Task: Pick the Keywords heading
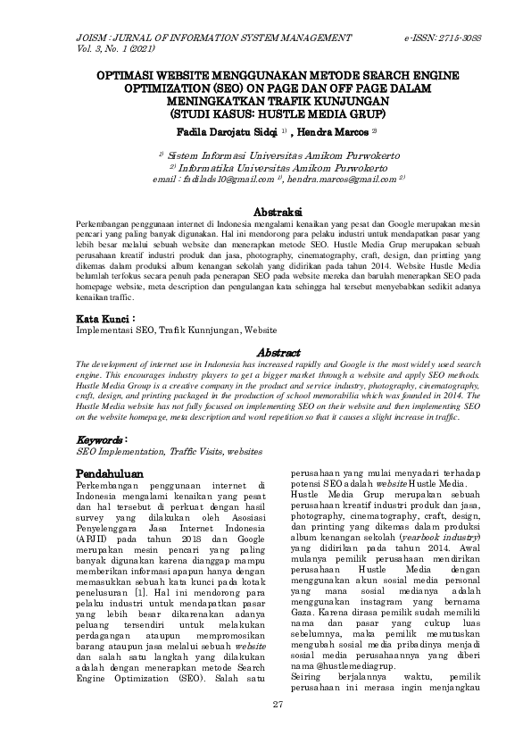101,440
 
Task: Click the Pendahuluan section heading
112,471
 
